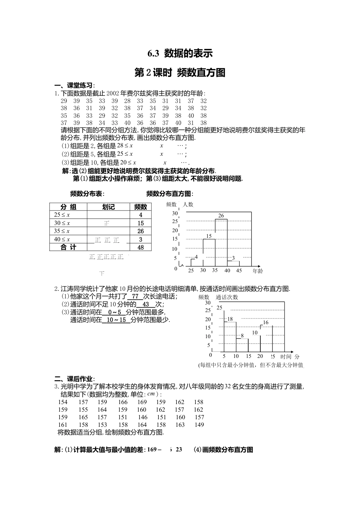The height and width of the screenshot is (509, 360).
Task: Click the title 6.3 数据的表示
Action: [180, 53]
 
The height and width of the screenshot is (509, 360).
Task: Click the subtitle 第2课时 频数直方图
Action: [180, 72]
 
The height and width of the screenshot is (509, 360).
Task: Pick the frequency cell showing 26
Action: [141, 231]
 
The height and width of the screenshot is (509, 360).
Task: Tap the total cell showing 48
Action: [141, 247]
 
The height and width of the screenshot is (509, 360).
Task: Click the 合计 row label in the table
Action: [69, 247]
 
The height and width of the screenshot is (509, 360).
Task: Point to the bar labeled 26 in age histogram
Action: [221, 242]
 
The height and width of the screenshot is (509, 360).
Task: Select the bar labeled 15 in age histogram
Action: [209, 253]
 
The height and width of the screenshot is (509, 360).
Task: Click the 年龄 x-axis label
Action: [258, 271]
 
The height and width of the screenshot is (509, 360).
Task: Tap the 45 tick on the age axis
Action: [239, 270]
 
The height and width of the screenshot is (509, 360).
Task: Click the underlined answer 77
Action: [135, 297]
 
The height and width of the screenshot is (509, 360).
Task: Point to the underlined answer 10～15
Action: [116, 320]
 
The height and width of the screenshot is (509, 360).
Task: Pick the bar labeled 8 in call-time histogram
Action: [242, 345]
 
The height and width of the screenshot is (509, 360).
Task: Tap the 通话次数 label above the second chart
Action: [227, 297]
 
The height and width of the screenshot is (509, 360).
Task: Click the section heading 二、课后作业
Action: [75, 379]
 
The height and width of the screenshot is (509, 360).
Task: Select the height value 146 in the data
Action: [142, 417]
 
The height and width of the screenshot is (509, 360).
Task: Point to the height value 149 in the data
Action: [199, 425]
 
